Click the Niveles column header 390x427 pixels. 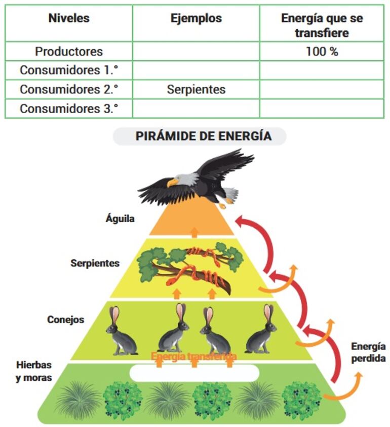pyautogui.click(x=69, y=18)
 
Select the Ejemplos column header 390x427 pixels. pyautogui.click(x=196, y=18)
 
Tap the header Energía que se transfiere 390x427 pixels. pyautogui.click(x=322, y=25)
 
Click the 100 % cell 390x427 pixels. pyautogui.click(x=322, y=51)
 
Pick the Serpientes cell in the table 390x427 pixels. pyautogui.click(x=196, y=90)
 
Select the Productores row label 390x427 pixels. pyautogui.click(x=69, y=51)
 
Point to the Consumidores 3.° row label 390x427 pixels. pyautogui.click(x=69, y=109)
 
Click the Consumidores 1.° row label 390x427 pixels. pyautogui.click(x=69, y=70)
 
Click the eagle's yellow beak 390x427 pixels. pyautogui.click(x=173, y=182)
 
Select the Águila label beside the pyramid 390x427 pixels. pyautogui.click(x=120, y=219)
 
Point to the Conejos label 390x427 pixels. pyautogui.click(x=66, y=320)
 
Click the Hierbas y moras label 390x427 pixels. pyautogui.click(x=33, y=371)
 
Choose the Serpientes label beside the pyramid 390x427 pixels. pyautogui.click(x=95, y=263)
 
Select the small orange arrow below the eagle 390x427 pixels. pyautogui.click(x=194, y=233)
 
